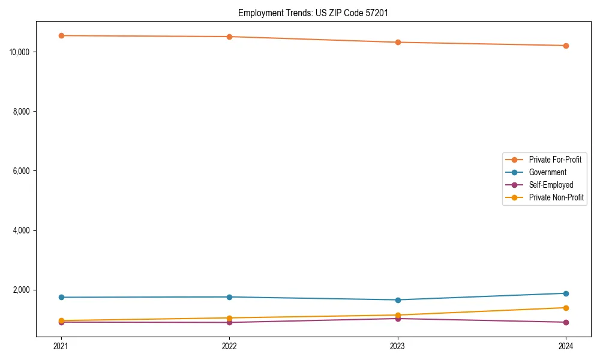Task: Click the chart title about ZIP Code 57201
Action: point(317,13)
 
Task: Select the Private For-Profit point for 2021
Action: point(61,35)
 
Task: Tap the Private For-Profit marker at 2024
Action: point(566,46)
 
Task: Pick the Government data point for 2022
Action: point(229,297)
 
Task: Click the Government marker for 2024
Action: point(566,293)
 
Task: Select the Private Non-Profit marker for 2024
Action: point(566,308)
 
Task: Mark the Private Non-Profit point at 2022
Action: point(229,318)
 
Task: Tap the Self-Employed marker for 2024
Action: point(566,322)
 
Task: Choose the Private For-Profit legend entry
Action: point(555,160)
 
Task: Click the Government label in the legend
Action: point(547,172)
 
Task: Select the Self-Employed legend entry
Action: point(551,185)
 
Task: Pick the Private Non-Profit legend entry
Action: point(556,197)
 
